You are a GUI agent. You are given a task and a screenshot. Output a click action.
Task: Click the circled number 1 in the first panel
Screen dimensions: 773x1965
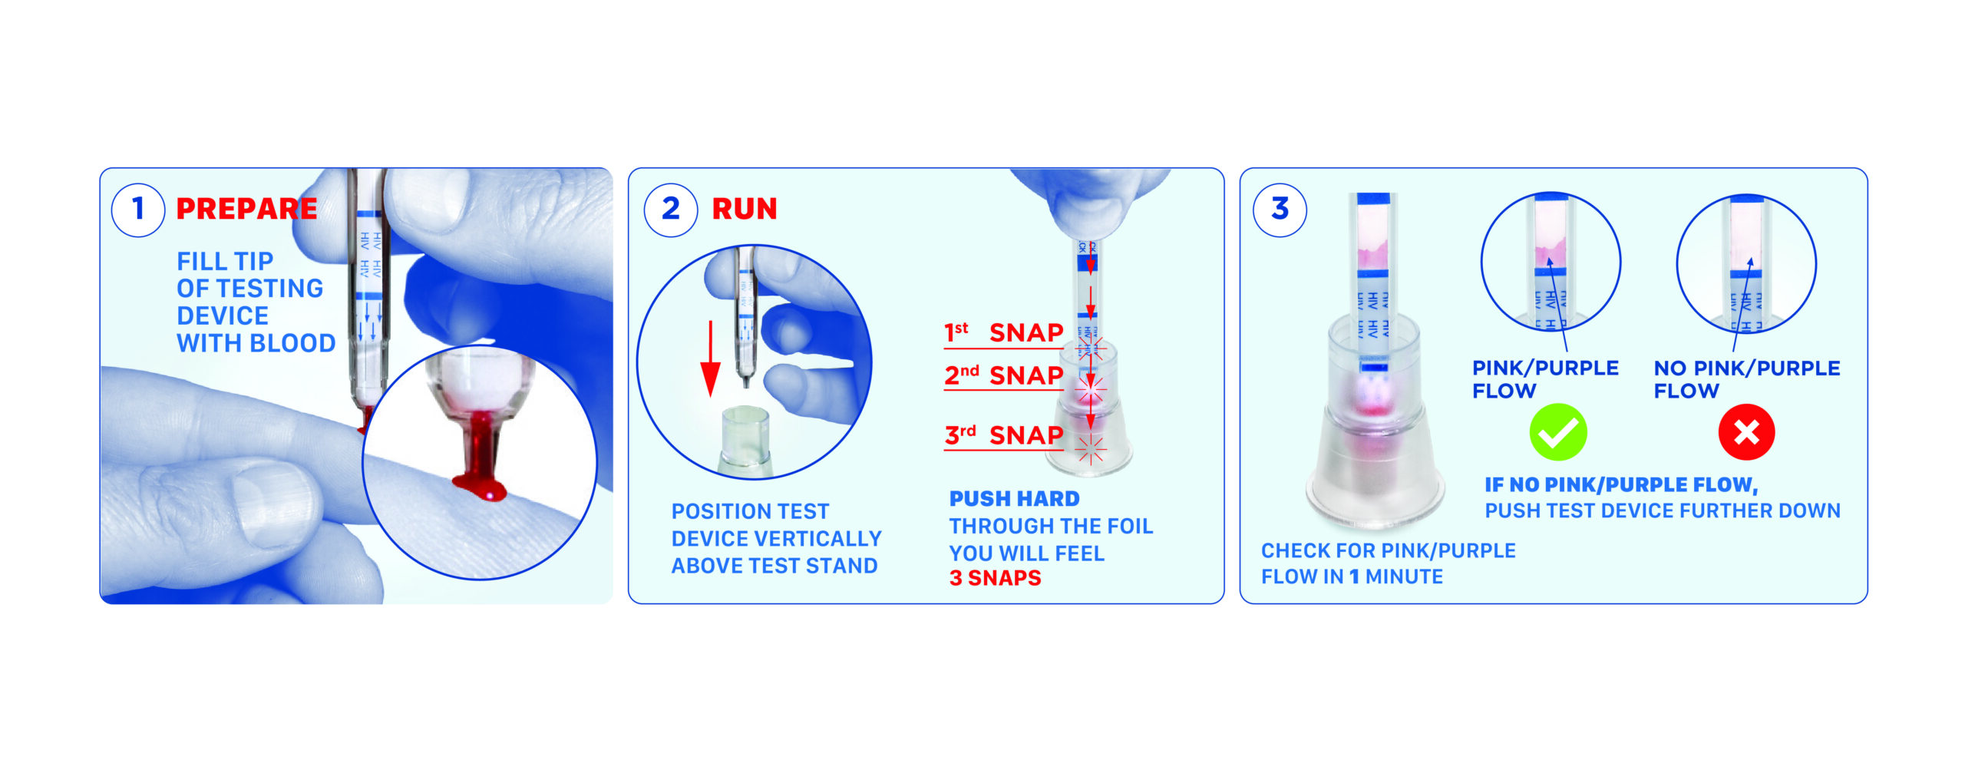coord(138,209)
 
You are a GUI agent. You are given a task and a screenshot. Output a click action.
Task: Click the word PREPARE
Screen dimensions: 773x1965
coord(246,209)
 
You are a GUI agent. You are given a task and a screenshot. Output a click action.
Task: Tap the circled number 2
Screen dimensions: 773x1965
coord(670,209)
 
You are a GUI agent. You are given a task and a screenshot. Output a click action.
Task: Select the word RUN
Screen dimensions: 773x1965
coord(744,209)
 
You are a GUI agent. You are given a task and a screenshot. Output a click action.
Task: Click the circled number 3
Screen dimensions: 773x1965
coord(1280,209)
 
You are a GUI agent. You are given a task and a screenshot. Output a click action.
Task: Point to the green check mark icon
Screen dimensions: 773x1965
coord(1557,432)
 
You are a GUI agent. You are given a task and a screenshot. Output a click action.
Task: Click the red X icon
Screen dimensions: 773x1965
coord(1746,432)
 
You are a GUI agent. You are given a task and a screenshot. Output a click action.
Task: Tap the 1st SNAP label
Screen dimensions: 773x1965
coord(1003,333)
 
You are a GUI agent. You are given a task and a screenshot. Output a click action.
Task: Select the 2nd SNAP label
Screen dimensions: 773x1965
coord(1003,375)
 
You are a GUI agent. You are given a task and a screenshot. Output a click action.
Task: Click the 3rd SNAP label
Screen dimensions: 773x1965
coord(1003,435)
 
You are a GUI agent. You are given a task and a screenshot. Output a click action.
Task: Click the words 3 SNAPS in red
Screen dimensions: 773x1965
coord(995,578)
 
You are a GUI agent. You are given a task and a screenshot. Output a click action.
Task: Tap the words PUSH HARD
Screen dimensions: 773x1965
coord(1014,499)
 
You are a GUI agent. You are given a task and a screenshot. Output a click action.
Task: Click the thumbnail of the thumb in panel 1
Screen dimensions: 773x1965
coord(272,503)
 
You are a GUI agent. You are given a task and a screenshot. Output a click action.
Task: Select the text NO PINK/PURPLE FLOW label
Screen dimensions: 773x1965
coord(1745,379)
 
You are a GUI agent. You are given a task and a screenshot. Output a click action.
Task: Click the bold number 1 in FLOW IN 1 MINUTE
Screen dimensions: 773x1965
coord(1354,576)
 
